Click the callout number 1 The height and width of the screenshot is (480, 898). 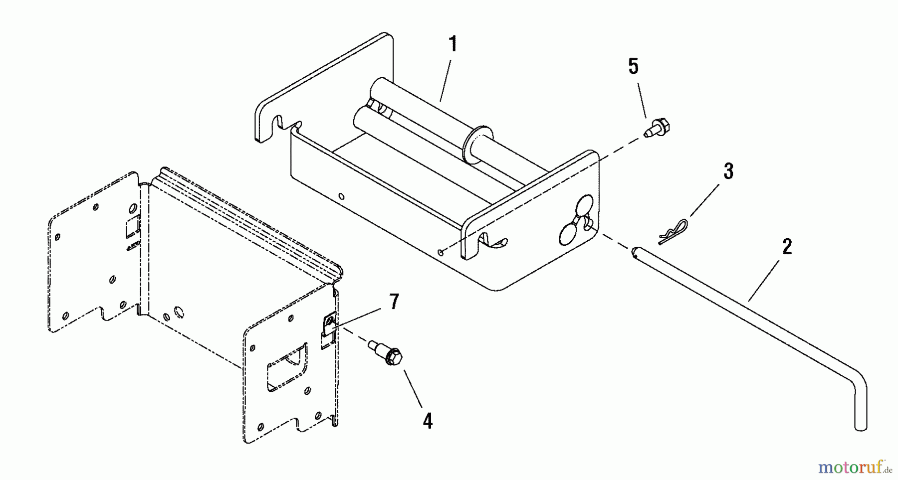[452, 44]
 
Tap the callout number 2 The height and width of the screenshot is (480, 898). [787, 247]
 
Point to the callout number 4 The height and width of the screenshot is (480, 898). [428, 421]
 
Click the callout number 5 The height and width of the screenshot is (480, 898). [633, 66]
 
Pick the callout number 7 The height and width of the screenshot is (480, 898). [394, 302]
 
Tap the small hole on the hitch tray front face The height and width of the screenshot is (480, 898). [341, 196]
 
